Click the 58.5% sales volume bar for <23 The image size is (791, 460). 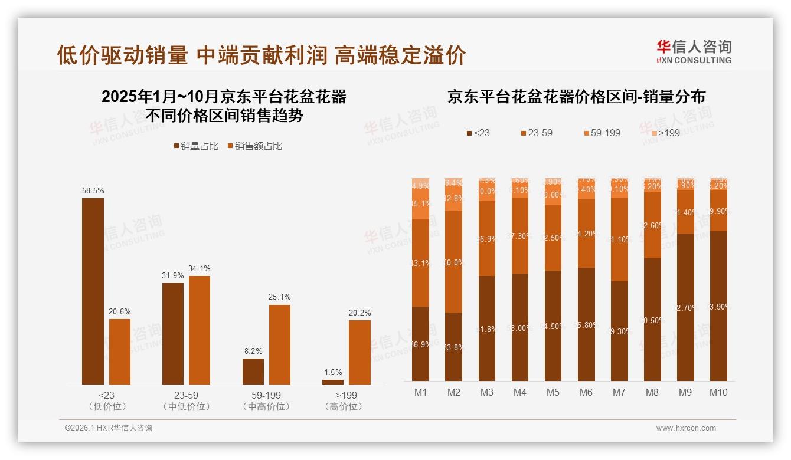(x=93, y=291)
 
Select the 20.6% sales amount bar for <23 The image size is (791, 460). (x=120, y=352)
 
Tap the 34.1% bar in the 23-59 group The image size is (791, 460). (x=200, y=330)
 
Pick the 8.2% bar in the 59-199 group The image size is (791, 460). (x=253, y=372)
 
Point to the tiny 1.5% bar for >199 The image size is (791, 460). (x=333, y=382)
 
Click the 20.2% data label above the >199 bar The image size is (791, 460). (x=359, y=313)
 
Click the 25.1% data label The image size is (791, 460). (x=279, y=297)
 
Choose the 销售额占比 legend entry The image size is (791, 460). (x=254, y=146)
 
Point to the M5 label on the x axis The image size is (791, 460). (x=553, y=393)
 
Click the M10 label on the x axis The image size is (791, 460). (x=718, y=393)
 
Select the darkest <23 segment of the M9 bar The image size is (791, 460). (x=685, y=307)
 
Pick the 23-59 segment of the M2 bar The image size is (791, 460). (x=454, y=262)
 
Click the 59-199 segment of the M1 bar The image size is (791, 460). (x=421, y=203)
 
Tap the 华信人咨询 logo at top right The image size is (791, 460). (x=694, y=51)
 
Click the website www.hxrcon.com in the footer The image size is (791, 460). (x=686, y=428)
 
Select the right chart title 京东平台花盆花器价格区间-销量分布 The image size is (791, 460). (x=576, y=97)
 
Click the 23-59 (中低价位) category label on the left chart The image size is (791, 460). (x=186, y=400)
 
